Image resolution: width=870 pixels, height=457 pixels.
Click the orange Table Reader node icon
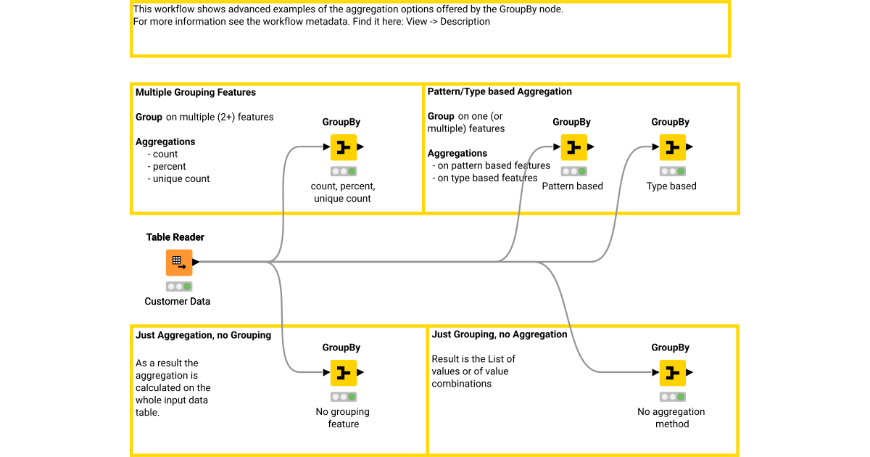click(x=179, y=263)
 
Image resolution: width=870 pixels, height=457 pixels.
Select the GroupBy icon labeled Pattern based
click(x=573, y=147)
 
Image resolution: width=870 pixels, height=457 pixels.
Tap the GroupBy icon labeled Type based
click(x=671, y=147)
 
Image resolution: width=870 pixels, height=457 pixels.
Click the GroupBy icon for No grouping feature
click(x=343, y=373)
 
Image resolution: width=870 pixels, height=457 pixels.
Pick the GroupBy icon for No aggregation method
click(x=671, y=373)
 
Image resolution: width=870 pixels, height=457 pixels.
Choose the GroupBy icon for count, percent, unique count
click(x=343, y=147)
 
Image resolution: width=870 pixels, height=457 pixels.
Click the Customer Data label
click(x=177, y=301)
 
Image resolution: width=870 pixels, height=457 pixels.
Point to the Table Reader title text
click(x=175, y=237)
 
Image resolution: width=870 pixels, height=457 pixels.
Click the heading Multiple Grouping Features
click(x=196, y=92)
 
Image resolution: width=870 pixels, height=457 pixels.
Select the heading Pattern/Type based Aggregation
click(x=500, y=91)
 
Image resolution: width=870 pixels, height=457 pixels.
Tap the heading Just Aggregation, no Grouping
click(x=203, y=335)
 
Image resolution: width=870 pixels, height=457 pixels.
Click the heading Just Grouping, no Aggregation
click(x=499, y=334)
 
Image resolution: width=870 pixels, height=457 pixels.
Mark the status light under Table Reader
click(x=179, y=287)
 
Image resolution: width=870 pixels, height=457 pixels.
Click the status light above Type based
click(x=671, y=172)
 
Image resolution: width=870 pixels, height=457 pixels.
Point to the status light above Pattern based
click(x=573, y=172)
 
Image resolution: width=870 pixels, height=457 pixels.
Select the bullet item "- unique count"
click(x=178, y=178)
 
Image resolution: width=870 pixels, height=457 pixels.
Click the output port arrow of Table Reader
click(x=196, y=262)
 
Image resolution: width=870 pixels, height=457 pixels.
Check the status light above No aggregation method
click(x=671, y=398)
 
